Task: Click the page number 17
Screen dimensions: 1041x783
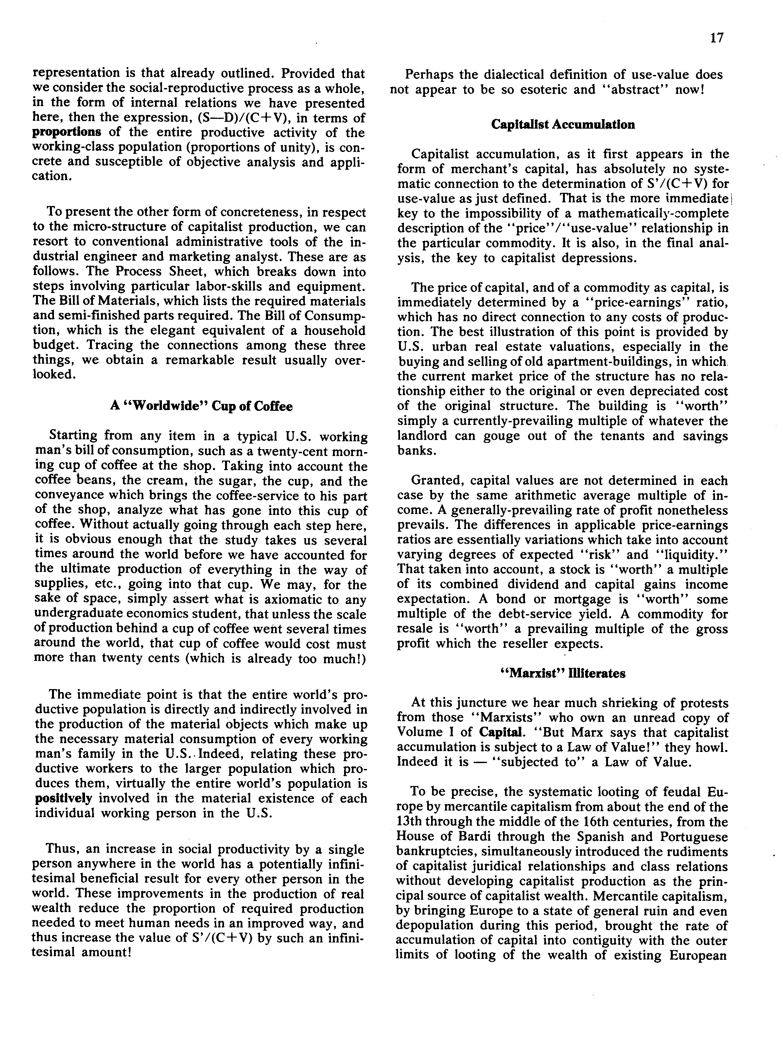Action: click(x=717, y=38)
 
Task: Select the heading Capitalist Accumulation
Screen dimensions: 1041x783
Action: click(x=563, y=124)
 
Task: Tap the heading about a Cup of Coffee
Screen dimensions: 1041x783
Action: click(x=201, y=406)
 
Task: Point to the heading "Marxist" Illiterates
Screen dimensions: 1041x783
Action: click(x=563, y=673)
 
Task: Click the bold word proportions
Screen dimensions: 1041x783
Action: click(x=67, y=132)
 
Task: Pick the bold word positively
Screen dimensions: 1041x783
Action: click(x=64, y=798)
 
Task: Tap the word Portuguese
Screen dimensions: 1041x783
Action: click(x=694, y=836)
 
